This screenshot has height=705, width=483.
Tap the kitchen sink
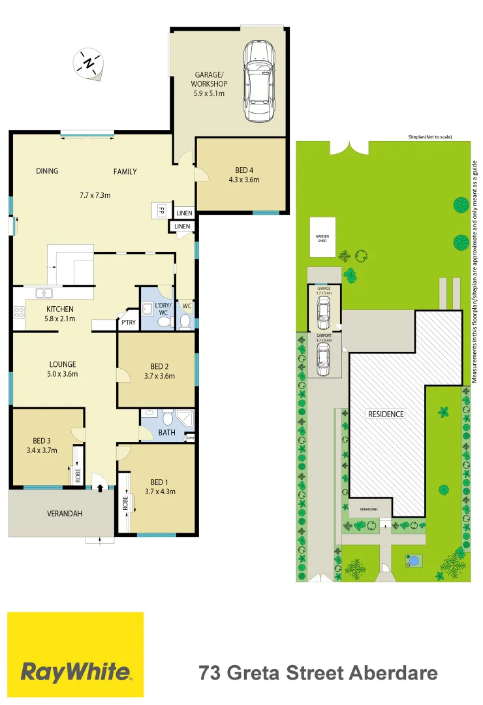45,293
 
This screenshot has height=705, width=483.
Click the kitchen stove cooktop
18,313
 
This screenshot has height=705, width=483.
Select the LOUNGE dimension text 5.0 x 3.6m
62,374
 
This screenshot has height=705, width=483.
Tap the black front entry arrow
100,487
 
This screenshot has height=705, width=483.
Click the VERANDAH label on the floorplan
65,514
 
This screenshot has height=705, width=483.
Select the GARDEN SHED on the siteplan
322,238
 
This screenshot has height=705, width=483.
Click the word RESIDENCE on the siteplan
386,414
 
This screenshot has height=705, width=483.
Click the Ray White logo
76,655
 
